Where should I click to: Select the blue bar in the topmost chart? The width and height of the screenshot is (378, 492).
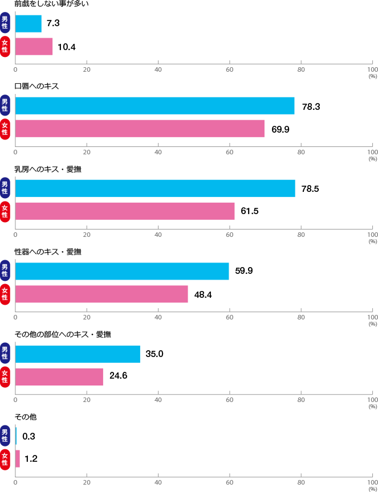(x=29, y=23)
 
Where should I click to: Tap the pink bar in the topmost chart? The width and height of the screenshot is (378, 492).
(x=34, y=47)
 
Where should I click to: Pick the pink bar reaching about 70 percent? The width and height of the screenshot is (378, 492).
(x=140, y=129)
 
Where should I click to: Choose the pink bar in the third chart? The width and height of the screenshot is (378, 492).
(x=125, y=211)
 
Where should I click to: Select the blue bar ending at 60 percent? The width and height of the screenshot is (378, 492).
(x=122, y=271)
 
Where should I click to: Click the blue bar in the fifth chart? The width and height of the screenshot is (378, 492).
(x=78, y=354)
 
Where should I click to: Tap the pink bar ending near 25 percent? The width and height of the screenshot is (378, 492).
(x=59, y=376)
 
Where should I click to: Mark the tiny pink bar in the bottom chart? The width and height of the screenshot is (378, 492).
(x=18, y=459)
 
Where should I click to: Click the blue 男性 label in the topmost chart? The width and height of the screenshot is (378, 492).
(x=5, y=23)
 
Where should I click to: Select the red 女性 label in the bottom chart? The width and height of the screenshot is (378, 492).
(x=5, y=459)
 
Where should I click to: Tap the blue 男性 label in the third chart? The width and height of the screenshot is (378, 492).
(x=5, y=188)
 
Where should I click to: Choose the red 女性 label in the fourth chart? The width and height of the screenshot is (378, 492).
(x=5, y=294)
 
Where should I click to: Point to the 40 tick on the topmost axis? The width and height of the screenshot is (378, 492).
(x=158, y=69)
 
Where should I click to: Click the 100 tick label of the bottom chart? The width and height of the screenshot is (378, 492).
(x=372, y=482)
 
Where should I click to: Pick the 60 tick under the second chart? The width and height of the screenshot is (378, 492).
(x=230, y=152)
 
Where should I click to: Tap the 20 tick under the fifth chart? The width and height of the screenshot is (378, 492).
(x=87, y=400)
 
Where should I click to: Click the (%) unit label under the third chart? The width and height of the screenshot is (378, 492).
(x=373, y=241)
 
